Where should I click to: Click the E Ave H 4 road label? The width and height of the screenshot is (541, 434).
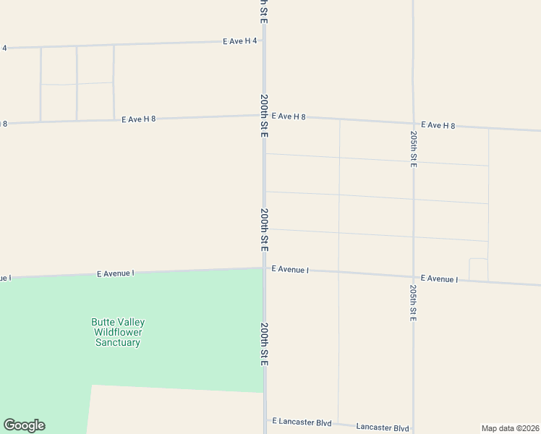[240, 41]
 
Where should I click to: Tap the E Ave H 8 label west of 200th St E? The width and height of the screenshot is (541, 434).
[139, 119]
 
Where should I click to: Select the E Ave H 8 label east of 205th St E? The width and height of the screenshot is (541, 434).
[438, 125]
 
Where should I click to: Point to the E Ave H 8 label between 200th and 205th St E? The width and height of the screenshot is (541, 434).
[289, 116]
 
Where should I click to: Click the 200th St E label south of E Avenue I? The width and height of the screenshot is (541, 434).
[264, 344]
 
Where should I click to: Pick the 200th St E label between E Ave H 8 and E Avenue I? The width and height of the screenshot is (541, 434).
[265, 229]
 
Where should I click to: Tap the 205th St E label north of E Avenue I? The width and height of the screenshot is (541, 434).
[413, 150]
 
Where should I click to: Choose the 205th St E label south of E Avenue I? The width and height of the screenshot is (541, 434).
[413, 302]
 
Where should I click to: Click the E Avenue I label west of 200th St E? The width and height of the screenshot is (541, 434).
[116, 273]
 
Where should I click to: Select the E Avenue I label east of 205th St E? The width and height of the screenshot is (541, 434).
[439, 278]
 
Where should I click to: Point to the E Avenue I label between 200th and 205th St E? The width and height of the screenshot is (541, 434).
[290, 269]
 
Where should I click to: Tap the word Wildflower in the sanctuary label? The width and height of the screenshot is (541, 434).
[118, 333]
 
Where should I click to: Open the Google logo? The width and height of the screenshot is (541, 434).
[24, 425]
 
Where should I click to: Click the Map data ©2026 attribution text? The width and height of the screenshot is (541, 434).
[510, 427]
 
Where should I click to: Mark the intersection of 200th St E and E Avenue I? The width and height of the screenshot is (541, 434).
[264, 268]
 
